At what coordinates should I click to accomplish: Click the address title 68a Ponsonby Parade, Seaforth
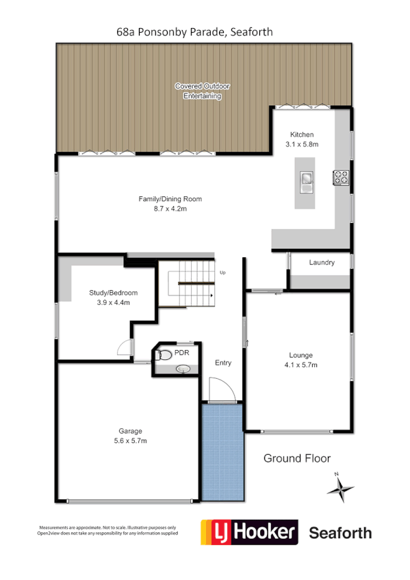(196, 31)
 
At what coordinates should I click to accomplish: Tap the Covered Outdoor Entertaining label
(202, 92)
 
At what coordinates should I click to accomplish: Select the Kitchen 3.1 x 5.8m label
(303, 139)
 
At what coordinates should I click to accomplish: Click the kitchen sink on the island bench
(305, 179)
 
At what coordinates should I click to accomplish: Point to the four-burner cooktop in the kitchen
(340, 178)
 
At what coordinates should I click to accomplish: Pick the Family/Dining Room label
(170, 204)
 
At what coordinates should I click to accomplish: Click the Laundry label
(321, 263)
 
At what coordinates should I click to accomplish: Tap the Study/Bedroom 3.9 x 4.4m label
(109, 297)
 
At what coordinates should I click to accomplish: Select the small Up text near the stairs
(222, 273)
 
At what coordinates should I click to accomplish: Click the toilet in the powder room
(164, 356)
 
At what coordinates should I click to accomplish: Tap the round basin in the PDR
(183, 369)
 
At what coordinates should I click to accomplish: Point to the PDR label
(181, 353)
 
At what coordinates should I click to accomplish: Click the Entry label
(223, 362)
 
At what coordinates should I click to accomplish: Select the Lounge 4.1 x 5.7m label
(300, 360)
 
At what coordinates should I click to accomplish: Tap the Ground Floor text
(297, 458)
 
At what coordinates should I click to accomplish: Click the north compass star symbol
(340, 488)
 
